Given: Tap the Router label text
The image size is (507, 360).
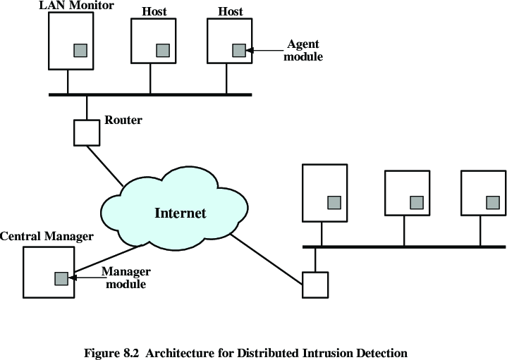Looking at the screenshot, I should click(123, 120).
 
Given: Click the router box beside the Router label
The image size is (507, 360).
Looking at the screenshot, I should click(87, 132).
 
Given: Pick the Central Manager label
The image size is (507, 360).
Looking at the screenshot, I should click(47, 237).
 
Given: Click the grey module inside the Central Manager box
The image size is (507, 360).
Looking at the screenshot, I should click(62, 278).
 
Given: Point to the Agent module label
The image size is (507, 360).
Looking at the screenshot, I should click(303, 51).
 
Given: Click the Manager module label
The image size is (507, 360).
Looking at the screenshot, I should click(123, 278).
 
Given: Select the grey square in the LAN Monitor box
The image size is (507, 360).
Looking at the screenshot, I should click(81, 51).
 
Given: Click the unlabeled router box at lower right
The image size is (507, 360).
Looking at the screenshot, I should click(314, 285).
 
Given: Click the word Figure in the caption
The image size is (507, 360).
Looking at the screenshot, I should click(101, 352).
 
